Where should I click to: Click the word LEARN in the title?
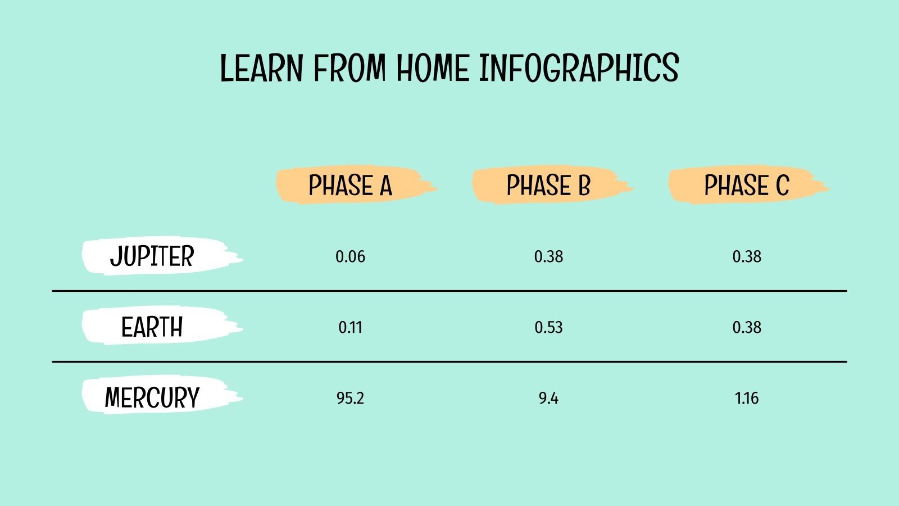pos(261,69)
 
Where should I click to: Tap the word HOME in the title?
pos(433,69)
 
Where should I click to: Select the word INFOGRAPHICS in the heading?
pos(579,69)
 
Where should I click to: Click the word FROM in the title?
pos(349,69)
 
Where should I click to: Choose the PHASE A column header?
pos(350,186)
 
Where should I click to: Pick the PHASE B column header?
pos(548,186)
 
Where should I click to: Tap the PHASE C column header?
pos(747,186)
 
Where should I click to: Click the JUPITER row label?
pos(152,256)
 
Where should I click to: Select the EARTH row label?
pos(152,327)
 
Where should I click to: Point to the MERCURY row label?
pos(152,397)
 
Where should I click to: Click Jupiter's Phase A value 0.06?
pos(350,257)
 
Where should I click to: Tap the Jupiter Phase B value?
pos(548,257)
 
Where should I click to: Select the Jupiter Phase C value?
pos(747,257)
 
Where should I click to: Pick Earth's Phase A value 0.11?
pos(350,327)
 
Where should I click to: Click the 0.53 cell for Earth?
pos(548,327)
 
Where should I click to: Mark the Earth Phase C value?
pos(747,327)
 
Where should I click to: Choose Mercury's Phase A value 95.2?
pos(350,398)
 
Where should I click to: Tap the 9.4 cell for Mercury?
pos(548,398)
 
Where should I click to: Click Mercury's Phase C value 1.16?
pos(747,398)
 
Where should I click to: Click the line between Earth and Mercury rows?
pos(449,362)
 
